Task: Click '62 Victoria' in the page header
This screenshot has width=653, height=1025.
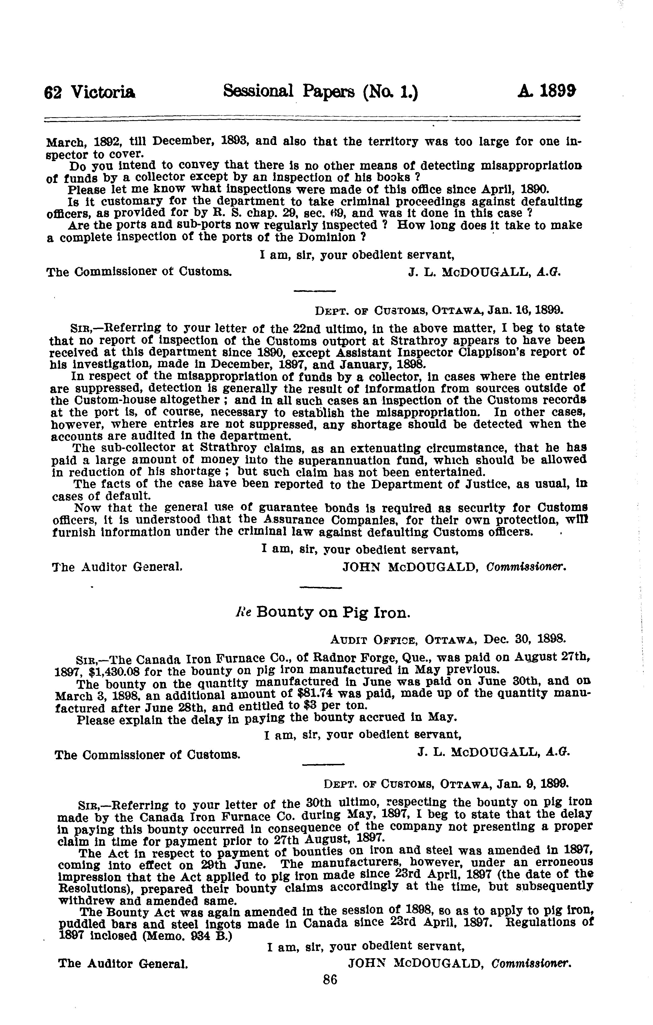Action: tap(90, 92)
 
